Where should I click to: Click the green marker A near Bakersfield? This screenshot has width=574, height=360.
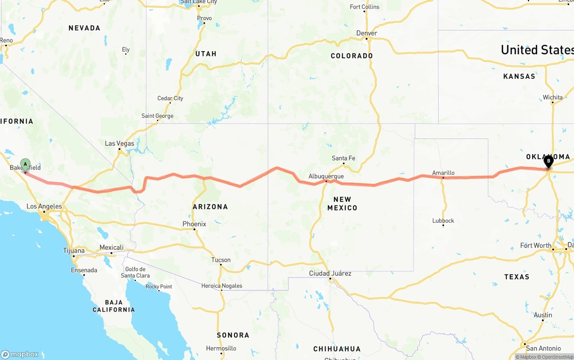[25, 164]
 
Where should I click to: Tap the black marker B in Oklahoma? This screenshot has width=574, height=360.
[548, 161]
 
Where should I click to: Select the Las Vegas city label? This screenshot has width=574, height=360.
[119, 143]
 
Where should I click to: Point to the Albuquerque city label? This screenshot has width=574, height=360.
[326, 177]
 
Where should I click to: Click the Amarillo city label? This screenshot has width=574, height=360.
[443, 173]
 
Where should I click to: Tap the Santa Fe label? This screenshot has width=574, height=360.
[344, 158]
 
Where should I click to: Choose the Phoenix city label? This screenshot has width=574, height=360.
[194, 224]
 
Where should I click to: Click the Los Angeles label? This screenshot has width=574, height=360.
[44, 207]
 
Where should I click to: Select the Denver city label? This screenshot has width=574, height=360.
[366, 33]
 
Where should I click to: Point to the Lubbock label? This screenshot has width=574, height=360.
[443, 221]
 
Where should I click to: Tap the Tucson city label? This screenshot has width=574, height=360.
[221, 260]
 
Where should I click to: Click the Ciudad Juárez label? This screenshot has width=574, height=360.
[330, 273]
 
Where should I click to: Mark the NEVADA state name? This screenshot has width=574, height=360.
[84, 28]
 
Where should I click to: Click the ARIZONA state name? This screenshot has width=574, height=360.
[210, 207]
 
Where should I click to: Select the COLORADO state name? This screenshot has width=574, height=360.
[352, 56]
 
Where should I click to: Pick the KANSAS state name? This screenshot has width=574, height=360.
[519, 77]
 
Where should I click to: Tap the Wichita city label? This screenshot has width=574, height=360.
[552, 97]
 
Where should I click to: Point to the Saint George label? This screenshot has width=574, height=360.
[157, 116]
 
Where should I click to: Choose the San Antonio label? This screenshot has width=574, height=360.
[544, 348]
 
